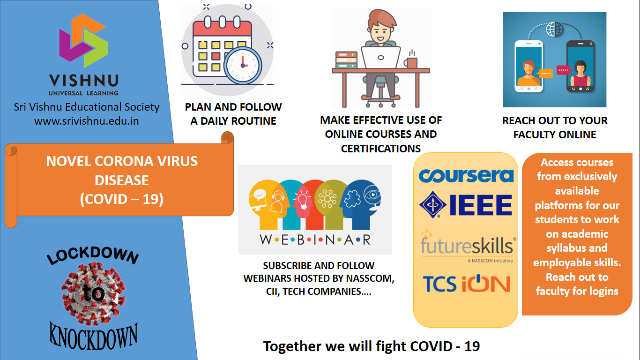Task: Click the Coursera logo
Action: click(466, 176)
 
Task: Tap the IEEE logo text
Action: click(481, 205)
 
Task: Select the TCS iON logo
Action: click(467, 284)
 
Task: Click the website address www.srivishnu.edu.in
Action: click(87, 121)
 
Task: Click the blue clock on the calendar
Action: click(243, 65)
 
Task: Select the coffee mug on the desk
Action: click(410, 62)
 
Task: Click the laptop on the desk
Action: click(380, 58)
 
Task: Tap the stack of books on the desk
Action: click(346, 60)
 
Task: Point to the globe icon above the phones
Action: click(554, 29)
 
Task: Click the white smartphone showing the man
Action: click(529, 67)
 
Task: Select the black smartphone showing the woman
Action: click(580, 67)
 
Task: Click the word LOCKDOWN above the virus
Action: click(93, 255)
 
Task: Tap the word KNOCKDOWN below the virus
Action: click(94, 336)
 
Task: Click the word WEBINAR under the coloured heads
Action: click(315, 240)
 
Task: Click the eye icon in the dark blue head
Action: click(372, 195)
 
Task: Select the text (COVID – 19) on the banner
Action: click(122, 199)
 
